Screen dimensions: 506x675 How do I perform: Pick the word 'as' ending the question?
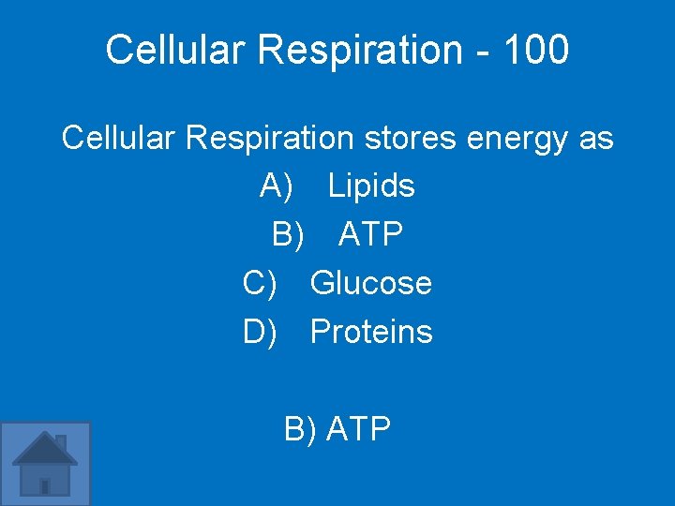coord(596,139)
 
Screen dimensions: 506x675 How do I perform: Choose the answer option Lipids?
coord(371,186)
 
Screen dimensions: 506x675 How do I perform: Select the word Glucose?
coord(371,283)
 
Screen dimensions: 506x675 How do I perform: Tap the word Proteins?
coord(371,332)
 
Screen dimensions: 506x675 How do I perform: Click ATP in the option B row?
coord(371,234)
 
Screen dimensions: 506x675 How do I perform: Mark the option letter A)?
coord(277,186)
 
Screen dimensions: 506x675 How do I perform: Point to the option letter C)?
coord(261,283)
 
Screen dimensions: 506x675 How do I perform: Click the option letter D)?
coord(261,332)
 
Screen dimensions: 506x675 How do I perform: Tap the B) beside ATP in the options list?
coord(289,234)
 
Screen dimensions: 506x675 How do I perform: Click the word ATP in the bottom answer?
coord(359,429)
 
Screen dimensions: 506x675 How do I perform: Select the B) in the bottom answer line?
coord(301,429)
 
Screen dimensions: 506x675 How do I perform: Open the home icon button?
coord(45,464)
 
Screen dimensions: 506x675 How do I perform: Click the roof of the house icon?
coord(44,447)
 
